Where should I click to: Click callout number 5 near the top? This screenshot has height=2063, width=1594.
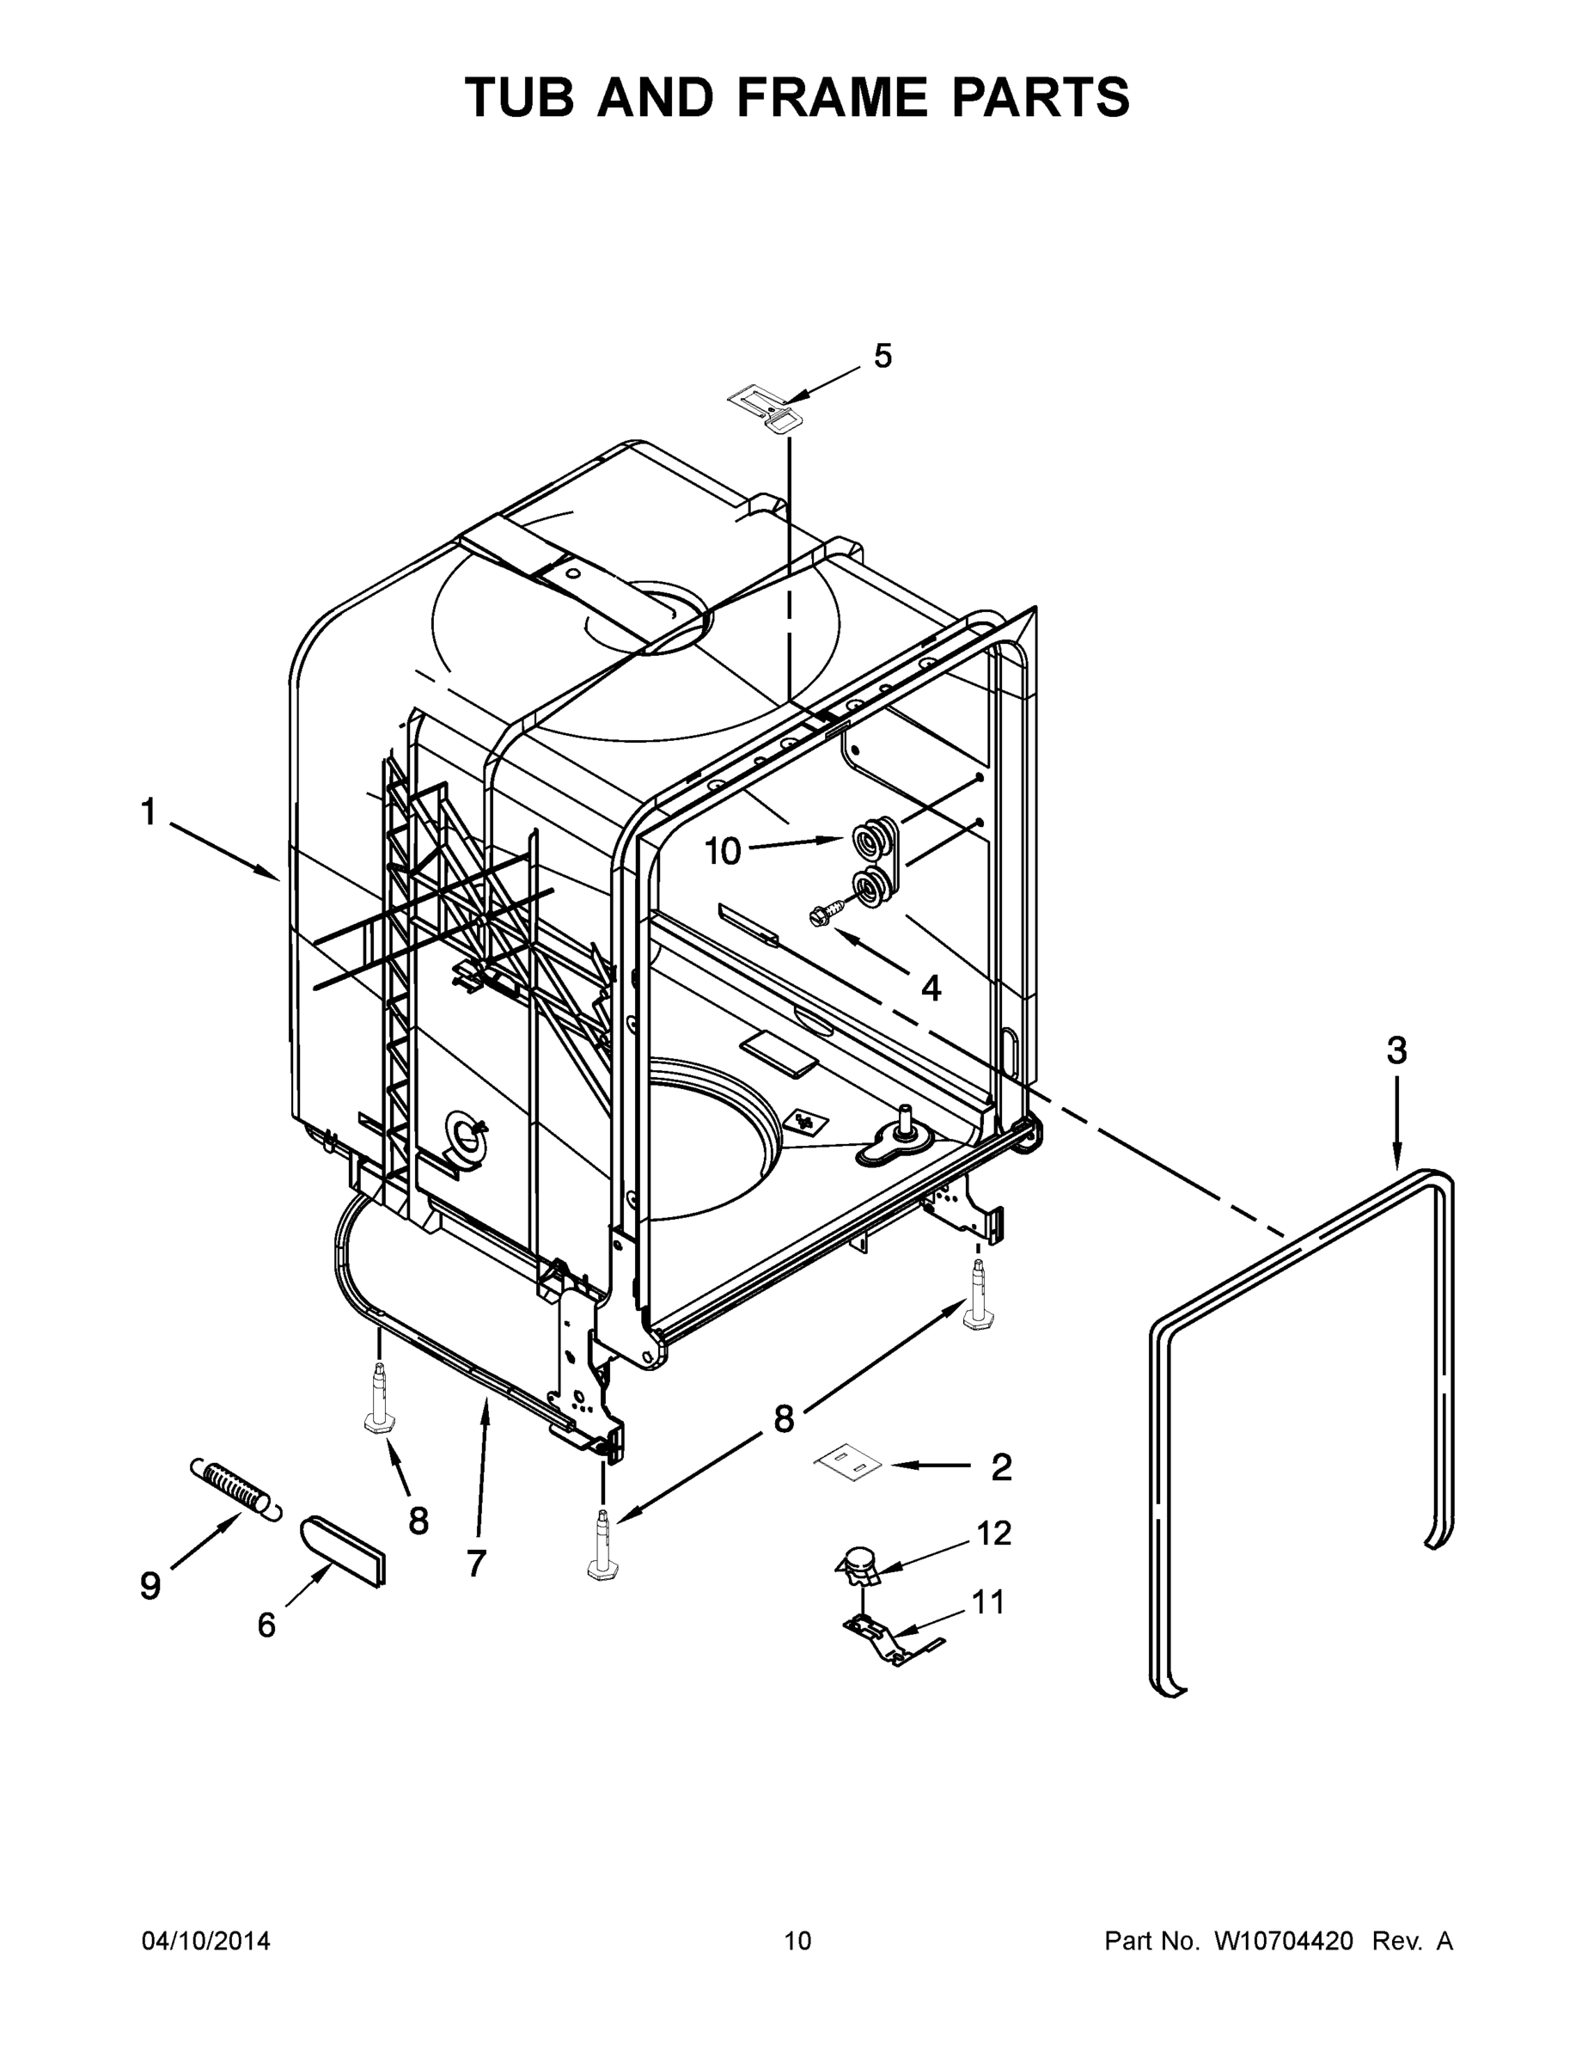pos(882,356)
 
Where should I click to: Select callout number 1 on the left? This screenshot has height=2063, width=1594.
pos(149,811)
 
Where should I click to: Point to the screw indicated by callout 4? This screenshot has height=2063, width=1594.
pos(820,915)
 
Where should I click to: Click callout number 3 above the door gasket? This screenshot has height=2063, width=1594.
pos(1396,1050)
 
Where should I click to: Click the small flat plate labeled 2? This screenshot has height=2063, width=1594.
pos(849,1463)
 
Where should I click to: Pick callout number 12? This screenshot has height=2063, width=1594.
pos(993,1532)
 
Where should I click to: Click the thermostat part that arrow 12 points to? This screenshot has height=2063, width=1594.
pos(858,1564)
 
